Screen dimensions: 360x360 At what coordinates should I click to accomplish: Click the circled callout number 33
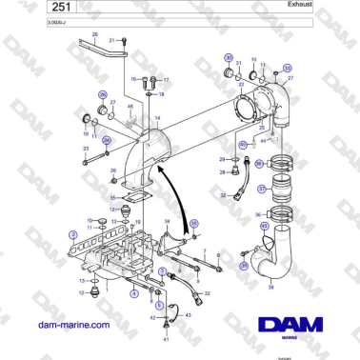(288, 69)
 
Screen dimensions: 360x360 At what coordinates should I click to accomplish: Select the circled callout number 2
(73, 233)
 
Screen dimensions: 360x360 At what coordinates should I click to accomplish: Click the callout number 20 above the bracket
(94, 34)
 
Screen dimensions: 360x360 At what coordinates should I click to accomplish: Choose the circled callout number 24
(107, 140)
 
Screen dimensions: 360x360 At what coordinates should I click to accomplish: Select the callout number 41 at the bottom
(167, 339)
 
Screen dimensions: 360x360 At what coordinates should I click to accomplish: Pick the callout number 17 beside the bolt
(166, 79)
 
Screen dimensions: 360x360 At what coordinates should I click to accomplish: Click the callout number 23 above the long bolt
(85, 150)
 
